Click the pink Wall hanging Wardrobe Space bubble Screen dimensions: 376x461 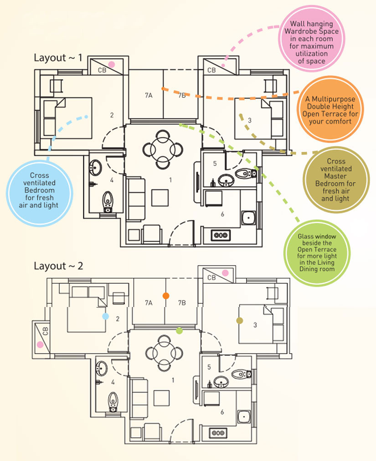(x=312, y=39)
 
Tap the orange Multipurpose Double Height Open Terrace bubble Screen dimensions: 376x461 (x=330, y=109)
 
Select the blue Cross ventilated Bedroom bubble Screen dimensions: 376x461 (x=40, y=193)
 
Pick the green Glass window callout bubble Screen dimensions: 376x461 (x=317, y=253)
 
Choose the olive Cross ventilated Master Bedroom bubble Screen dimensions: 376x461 (x=336, y=179)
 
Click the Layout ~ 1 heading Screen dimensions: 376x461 (x=58, y=57)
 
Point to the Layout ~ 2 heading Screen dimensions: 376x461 (x=58, y=266)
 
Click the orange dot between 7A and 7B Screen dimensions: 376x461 (x=166, y=296)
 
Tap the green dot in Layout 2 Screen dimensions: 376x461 (x=179, y=331)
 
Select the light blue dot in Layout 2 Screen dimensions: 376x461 (x=105, y=316)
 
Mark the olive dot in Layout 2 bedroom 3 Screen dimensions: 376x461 (x=240, y=320)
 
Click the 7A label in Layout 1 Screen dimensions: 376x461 (x=149, y=95)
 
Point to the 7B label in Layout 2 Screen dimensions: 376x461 (x=182, y=303)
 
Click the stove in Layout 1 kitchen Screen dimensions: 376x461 (x=221, y=235)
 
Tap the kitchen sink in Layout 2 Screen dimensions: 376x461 (x=244, y=417)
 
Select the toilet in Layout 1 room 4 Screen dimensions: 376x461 (x=108, y=202)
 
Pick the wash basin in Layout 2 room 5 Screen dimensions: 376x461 (x=221, y=382)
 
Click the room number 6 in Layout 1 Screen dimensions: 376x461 (x=222, y=215)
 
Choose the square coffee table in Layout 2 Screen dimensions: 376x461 (x=161, y=399)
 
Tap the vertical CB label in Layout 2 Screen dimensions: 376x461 (x=45, y=331)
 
